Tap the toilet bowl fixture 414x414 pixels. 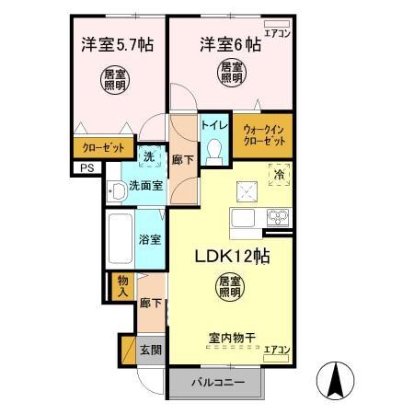(x=215, y=151)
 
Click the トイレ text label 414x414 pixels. (x=215, y=124)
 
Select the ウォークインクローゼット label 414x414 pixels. (x=264, y=135)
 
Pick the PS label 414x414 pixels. (x=86, y=167)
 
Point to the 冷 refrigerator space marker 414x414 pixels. (x=278, y=172)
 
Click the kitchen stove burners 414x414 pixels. (x=277, y=217)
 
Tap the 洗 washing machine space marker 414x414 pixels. (x=149, y=157)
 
